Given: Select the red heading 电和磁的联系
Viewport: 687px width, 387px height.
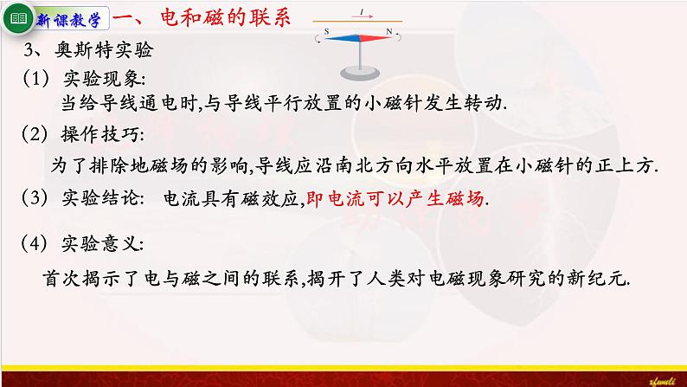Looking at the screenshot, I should tap(208, 17).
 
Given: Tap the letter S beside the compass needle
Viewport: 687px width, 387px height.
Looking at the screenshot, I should tap(327, 31).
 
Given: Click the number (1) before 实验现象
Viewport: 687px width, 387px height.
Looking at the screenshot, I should tap(36, 78).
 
